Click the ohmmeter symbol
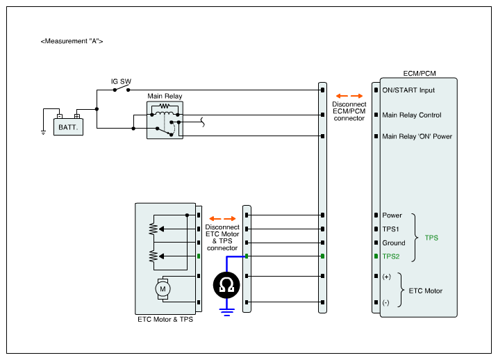tap(226, 284)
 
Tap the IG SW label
tap(122, 81)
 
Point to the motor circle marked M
tap(164, 288)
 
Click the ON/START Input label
tap(408, 90)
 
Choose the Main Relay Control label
tap(412, 115)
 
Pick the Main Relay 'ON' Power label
tap(417, 136)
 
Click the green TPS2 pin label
tap(391, 256)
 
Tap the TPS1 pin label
tap(391, 229)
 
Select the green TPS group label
tap(431, 238)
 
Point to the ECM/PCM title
tap(420, 73)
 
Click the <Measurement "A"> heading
tap(72, 42)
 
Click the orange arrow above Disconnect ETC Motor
tap(222, 218)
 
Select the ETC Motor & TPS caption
tap(165, 320)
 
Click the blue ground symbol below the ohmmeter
tap(226, 310)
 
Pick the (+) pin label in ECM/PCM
tap(387, 277)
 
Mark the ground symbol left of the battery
tap(43, 131)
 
